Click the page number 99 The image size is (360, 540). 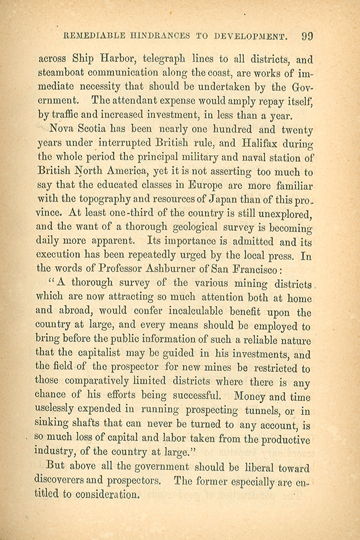point(307,36)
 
